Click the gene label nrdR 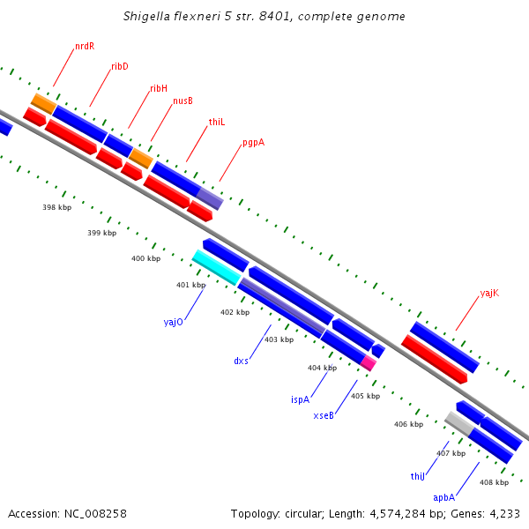coord(85,46)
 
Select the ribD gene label coord(120,66)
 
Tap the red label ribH coord(159,88)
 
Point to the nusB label coord(183,101)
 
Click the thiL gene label coord(217,123)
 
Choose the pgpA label coord(254,143)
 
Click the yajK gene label coord(489,294)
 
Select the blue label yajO coord(174,322)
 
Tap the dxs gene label coord(242,361)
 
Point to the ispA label coord(301,399)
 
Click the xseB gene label coord(324,415)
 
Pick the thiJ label coord(418,476)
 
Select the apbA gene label coord(444,497)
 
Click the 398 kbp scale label coord(57,207)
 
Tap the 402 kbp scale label coord(235,312)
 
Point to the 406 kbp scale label coord(408,424)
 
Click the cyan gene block coord(217,267)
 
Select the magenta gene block coord(369,363)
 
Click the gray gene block coord(459,423)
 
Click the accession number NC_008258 coord(95,514)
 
